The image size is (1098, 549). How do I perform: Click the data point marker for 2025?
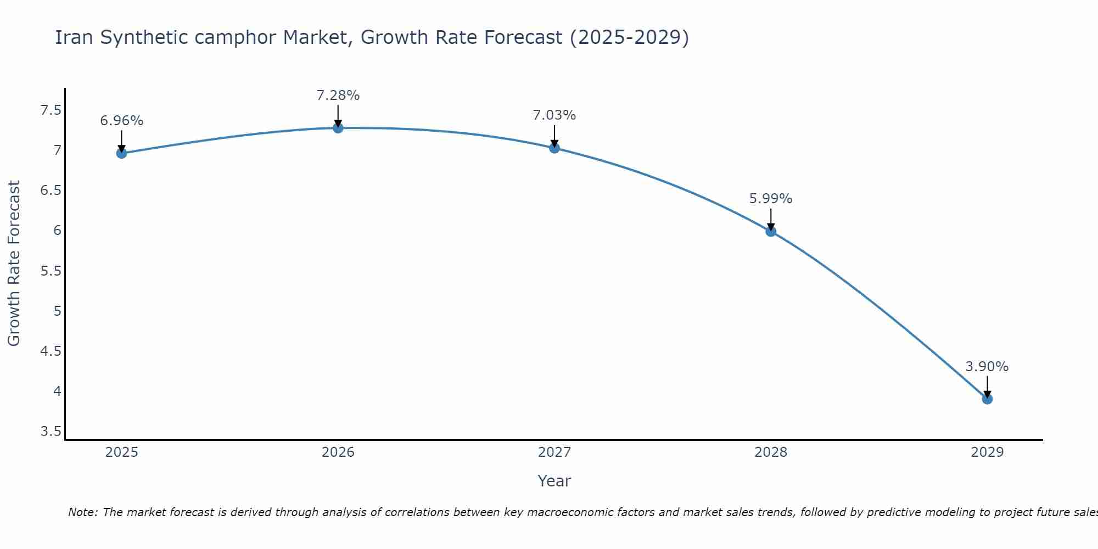coord(121,153)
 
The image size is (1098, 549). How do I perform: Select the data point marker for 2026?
coord(338,128)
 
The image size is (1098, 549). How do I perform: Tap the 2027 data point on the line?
coord(554,148)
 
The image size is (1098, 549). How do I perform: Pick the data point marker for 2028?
coord(771,231)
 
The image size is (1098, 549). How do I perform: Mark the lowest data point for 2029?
coord(987,399)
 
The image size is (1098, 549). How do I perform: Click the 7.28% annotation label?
coord(338,96)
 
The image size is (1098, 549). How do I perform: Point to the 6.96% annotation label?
coord(121,121)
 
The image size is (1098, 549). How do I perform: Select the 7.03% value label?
coord(554,115)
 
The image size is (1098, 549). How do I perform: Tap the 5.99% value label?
coord(771,199)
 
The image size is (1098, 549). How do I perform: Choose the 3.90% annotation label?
coord(987,367)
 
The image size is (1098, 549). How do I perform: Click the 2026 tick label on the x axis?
coord(338,452)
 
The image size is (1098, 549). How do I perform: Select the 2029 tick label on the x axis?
coord(987,452)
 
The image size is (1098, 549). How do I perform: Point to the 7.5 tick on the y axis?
coord(51,110)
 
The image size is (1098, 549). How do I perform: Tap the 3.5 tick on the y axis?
coord(51,432)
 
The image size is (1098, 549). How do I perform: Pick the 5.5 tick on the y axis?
coord(51,271)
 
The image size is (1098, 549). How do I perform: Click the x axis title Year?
coord(554,481)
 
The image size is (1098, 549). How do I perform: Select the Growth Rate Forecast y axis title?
coord(14,264)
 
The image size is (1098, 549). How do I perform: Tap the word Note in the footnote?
coord(82,512)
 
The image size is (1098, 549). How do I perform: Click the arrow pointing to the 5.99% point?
coord(771,219)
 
